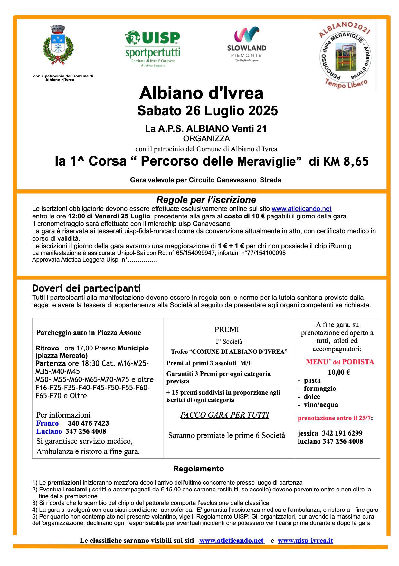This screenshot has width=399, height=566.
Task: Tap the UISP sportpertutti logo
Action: [x=153, y=49]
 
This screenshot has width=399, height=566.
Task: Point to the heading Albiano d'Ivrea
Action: [x=201, y=94]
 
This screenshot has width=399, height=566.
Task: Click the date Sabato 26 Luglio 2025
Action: [x=207, y=111]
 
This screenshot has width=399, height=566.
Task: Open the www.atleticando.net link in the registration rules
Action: [x=301, y=209]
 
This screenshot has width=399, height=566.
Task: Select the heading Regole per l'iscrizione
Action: [x=206, y=200]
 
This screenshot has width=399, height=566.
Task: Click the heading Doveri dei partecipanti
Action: [x=87, y=288]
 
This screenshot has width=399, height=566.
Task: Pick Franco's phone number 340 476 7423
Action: [x=88, y=423]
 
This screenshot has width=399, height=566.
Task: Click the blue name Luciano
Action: [x=49, y=431]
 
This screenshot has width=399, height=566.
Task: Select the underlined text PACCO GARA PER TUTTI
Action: [x=224, y=415]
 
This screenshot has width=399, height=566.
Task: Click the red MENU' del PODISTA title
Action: [x=340, y=362]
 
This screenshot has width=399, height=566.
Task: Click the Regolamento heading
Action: [x=198, y=469]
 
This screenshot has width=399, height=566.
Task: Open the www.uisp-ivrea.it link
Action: [x=305, y=541]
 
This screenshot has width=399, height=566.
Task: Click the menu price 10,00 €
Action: [x=339, y=372]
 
